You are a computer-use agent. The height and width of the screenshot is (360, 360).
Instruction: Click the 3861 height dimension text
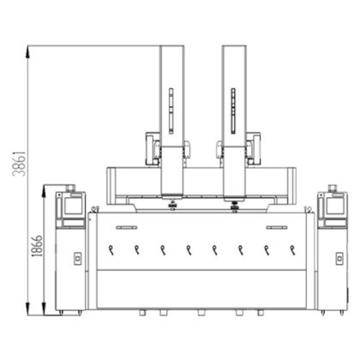19,164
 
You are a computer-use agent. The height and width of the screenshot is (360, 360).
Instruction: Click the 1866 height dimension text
37,246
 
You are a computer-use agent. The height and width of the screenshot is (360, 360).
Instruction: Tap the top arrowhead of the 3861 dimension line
27,53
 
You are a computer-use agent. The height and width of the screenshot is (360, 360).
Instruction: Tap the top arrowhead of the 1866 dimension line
44,191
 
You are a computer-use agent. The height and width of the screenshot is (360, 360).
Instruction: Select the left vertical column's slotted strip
171,111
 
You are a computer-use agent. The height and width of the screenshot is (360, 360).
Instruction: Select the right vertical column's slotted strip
233,111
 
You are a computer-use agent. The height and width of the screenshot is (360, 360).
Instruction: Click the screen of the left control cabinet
73,206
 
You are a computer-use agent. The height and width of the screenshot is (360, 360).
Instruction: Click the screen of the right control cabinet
334,206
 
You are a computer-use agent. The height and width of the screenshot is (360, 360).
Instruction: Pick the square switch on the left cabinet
77,259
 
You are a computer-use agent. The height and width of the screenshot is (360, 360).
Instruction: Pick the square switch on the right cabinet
339,259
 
